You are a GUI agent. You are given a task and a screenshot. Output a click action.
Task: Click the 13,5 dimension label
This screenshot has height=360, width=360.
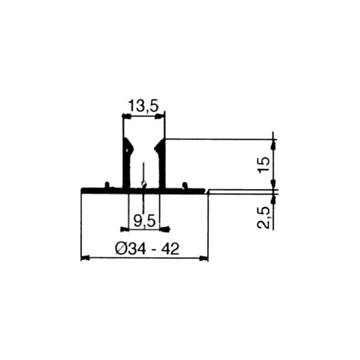click(x=144, y=107)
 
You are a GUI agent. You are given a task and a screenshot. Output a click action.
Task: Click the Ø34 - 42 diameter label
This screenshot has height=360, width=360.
click(x=145, y=248)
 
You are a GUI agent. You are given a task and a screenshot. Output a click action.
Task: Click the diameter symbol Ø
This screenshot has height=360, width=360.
click(x=119, y=248)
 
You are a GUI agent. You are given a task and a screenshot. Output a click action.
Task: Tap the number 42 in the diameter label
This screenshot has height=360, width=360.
click(x=167, y=248)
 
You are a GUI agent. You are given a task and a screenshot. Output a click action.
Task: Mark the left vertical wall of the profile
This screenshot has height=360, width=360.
click(x=126, y=169)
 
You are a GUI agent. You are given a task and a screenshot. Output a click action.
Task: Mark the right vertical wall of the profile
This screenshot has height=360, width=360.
click(x=162, y=169)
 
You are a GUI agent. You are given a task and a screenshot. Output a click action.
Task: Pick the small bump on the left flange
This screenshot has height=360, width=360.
click(x=106, y=185)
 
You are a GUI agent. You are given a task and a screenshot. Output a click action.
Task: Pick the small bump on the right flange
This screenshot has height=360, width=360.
click(x=184, y=185)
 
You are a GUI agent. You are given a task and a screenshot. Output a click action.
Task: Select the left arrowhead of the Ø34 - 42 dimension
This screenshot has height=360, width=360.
click(x=85, y=258)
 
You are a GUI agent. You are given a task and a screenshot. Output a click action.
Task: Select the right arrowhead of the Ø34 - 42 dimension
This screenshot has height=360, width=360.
click(x=205, y=258)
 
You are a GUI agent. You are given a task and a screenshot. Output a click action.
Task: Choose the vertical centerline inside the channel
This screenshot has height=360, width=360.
click(x=143, y=176)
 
